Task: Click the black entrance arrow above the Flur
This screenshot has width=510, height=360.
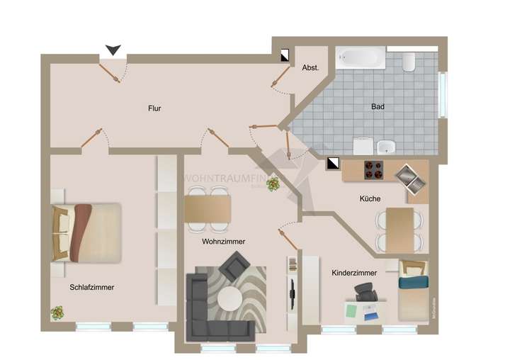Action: pyautogui.click(x=113, y=50)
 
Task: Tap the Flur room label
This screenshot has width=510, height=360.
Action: pyautogui.click(x=154, y=108)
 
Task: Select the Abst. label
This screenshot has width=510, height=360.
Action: pyautogui.click(x=310, y=68)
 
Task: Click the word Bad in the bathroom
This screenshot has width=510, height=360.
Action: pyautogui.click(x=378, y=107)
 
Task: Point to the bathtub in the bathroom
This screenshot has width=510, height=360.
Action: pyautogui.click(x=360, y=58)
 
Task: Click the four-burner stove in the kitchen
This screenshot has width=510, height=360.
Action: pyautogui.click(x=374, y=170)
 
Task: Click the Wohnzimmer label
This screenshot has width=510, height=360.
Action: pyautogui.click(x=223, y=242)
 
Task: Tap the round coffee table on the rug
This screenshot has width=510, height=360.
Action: pyautogui.click(x=229, y=298)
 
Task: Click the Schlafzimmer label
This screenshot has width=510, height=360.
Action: pyautogui.click(x=92, y=288)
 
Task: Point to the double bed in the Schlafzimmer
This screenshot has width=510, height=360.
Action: pyautogui.click(x=86, y=232)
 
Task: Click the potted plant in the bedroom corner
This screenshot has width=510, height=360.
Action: pyautogui.click(x=57, y=312)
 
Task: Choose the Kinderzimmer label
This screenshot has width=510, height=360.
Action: pyautogui.click(x=353, y=272)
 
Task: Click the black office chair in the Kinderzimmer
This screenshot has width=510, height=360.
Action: pyautogui.click(x=365, y=292)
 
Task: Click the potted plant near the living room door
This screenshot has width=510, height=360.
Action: pyautogui.click(x=273, y=184)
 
